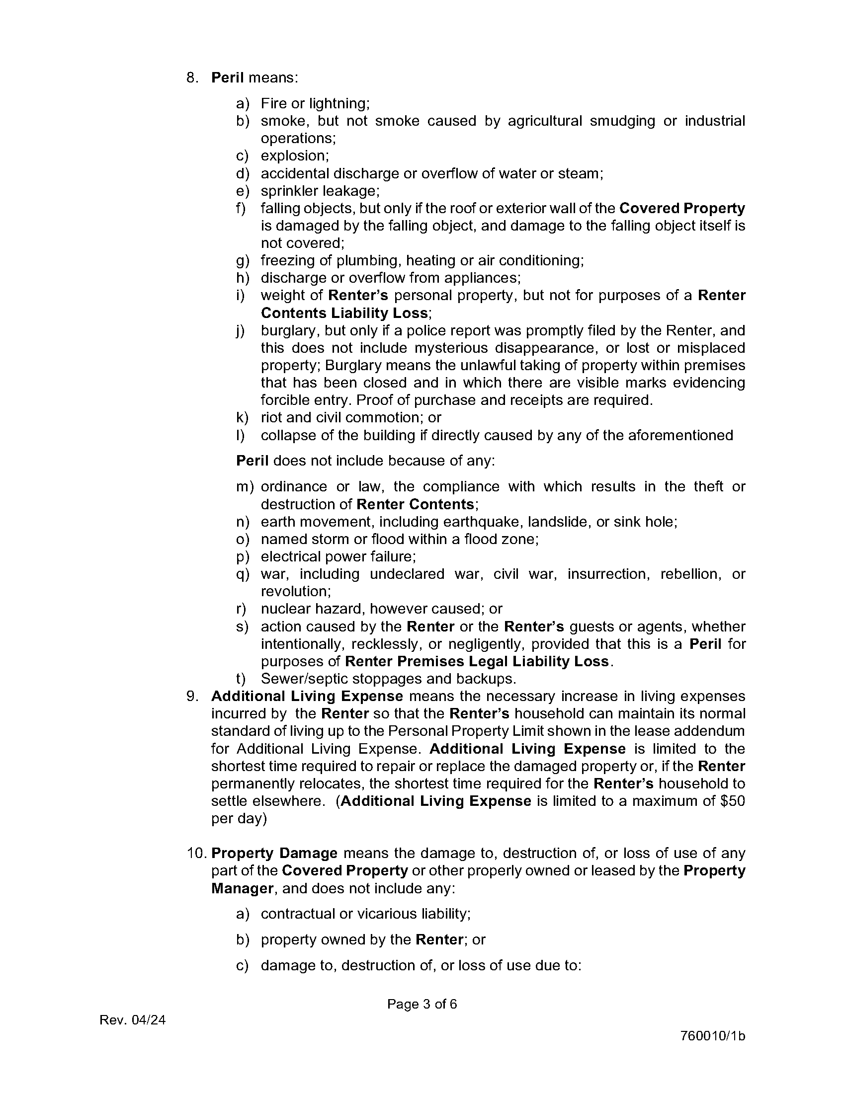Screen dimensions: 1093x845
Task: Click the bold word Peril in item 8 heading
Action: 227,78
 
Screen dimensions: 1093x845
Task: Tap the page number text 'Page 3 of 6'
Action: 422,1004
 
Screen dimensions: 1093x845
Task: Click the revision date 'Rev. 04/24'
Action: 133,1020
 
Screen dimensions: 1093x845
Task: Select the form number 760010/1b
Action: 712,1035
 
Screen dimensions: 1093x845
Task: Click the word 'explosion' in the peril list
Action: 294,156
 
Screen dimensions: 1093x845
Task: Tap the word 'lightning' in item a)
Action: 339,104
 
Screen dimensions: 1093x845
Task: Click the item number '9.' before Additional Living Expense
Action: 193,696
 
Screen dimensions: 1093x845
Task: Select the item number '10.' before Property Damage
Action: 196,853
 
